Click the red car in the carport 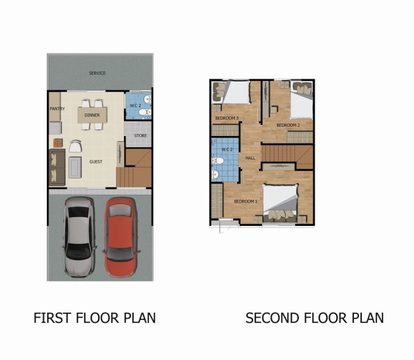pyautogui.click(x=121, y=237)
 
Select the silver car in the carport pyautogui.click(x=79, y=237)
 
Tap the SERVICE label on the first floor pyautogui.click(x=97, y=73)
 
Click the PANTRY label pyautogui.click(x=57, y=108)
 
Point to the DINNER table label pyautogui.click(x=92, y=115)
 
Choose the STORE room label pyautogui.click(x=140, y=136)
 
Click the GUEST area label pyautogui.click(x=96, y=162)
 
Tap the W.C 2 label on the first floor pyautogui.click(x=136, y=106)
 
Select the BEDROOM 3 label pyautogui.click(x=227, y=118)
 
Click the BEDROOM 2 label pyautogui.click(x=288, y=125)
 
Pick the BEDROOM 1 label pyautogui.click(x=246, y=201)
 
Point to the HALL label pyautogui.click(x=250, y=158)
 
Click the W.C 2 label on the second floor pyautogui.click(x=227, y=149)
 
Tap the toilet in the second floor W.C pyautogui.click(x=217, y=160)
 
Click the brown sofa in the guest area pyautogui.click(x=57, y=167)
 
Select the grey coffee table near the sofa pyautogui.click(x=75, y=168)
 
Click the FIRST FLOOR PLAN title pyautogui.click(x=95, y=318)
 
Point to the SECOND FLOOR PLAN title pyautogui.click(x=314, y=318)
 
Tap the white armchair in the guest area pyautogui.click(x=75, y=146)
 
